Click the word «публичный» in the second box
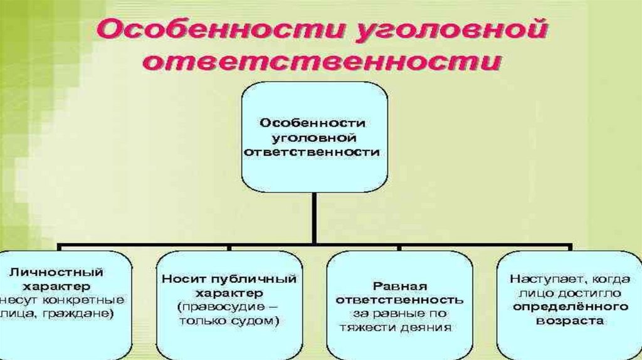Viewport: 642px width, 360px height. [263, 279]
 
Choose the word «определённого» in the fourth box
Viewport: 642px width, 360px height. [562, 306]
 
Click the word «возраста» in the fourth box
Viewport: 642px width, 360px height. [562, 320]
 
